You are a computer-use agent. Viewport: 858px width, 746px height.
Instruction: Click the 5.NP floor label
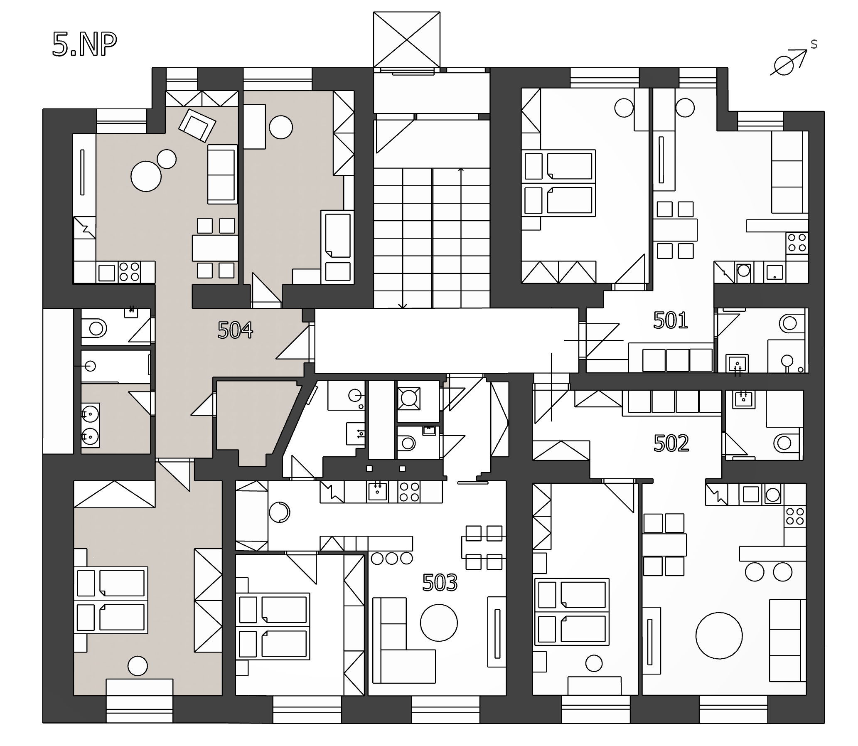pyautogui.click(x=84, y=44)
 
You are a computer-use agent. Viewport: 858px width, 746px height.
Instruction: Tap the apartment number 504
pyautogui.click(x=235, y=330)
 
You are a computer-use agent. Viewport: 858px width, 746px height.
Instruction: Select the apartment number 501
pyautogui.click(x=670, y=320)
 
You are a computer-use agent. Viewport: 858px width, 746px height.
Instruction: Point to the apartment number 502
pyautogui.click(x=671, y=443)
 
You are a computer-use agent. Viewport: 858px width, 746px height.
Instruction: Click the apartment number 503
pyautogui.click(x=440, y=582)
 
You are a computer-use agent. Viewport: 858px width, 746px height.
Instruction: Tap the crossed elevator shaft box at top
pyautogui.click(x=406, y=39)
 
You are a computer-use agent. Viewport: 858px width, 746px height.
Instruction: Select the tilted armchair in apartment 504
pyautogui.click(x=197, y=125)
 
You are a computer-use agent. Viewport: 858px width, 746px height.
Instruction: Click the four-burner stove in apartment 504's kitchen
pyautogui.click(x=129, y=272)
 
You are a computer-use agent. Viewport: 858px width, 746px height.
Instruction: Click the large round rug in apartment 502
pyautogui.click(x=719, y=635)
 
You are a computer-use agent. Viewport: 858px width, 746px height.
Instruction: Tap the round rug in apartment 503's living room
pyautogui.click(x=439, y=623)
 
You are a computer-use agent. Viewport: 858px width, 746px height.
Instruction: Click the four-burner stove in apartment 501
pyautogui.click(x=797, y=243)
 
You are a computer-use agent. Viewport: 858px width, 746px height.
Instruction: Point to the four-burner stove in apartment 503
pyautogui.click(x=409, y=492)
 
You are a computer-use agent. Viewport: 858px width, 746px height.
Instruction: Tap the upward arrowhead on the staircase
pyautogui.click(x=461, y=170)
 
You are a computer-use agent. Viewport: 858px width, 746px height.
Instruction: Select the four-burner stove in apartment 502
pyautogui.click(x=795, y=517)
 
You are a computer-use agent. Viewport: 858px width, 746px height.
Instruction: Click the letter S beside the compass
pyautogui.click(x=814, y=44)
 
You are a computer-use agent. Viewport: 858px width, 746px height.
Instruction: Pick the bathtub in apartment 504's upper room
pyautogui.click(x=337, y=235)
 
